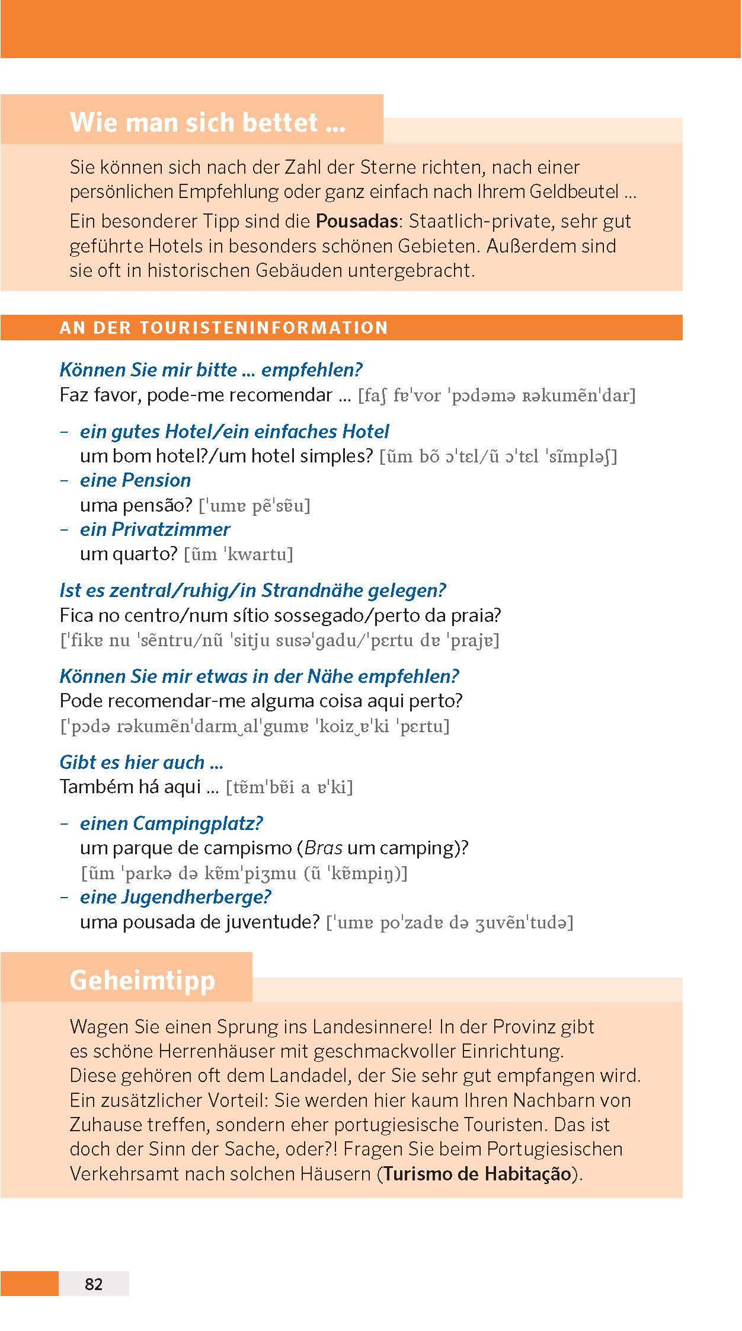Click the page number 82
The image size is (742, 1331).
click(94, 1284)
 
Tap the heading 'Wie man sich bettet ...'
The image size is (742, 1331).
click(207, 122)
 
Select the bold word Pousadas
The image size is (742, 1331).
click(356, 221)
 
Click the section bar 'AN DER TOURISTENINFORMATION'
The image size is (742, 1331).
click(223, 327)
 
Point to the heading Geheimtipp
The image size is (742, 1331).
click(142, 979)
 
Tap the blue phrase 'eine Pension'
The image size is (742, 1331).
click(135, 480)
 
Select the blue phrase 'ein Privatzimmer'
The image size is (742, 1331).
click(155, 529)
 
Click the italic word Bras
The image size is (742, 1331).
click(324, 848)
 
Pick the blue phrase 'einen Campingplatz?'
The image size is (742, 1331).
click(171, 823)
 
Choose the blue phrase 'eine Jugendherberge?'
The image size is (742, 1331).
click(175, 896)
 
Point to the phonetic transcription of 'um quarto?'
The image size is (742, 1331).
click(239, 554)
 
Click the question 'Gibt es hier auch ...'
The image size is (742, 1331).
click(141, 762)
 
